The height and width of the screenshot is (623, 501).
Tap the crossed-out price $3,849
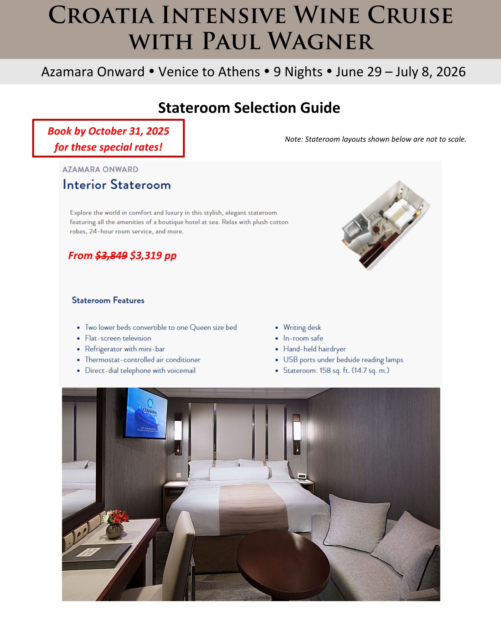[111, 256]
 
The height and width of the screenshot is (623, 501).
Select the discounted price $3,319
[146, 256]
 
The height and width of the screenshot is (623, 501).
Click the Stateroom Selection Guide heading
[249, 108]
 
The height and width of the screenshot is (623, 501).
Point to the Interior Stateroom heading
[117, 185]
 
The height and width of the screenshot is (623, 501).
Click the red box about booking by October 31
[108, 138]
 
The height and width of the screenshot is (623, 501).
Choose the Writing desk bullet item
[302, 327]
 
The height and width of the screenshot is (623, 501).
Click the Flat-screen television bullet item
[118, 338]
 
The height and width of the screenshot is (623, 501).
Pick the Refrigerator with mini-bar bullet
[125, 349]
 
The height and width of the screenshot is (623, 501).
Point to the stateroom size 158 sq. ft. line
[336, 370]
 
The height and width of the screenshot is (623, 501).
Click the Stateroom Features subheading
[108, 300]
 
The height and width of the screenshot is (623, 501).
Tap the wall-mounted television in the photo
[146, 413]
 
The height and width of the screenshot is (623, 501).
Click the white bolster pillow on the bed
[240, 474]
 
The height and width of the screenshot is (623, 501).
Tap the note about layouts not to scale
[375, 139]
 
